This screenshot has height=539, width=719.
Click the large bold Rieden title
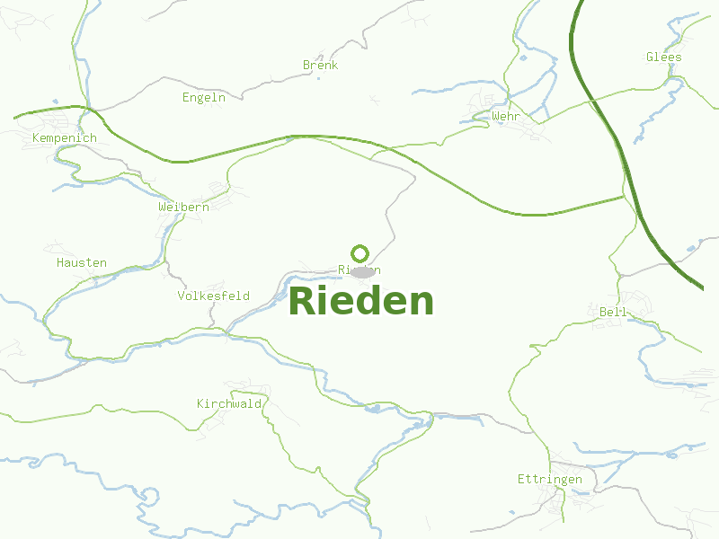[x=360, y=301]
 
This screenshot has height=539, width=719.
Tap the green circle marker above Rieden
[x=360, y=252]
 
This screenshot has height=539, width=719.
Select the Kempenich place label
[x=64, y=137]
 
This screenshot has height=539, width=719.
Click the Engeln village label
[x=203, y=97]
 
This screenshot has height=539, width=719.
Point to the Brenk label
[x=320, y=65]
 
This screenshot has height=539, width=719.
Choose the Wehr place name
[x=506, y=116]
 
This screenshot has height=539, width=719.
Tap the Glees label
[x=663, y=57]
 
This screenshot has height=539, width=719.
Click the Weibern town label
[x=183, y=207]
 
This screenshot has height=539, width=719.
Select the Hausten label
[x=81, y=262]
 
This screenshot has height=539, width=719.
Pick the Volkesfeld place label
[x=213, y=296]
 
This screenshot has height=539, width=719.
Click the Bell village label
[x=613, y=312]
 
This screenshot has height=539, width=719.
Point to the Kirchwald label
[x=229, y=403]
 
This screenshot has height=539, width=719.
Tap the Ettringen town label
[x=549, y=479]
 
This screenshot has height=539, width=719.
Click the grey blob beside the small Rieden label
[x=362, y=271]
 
